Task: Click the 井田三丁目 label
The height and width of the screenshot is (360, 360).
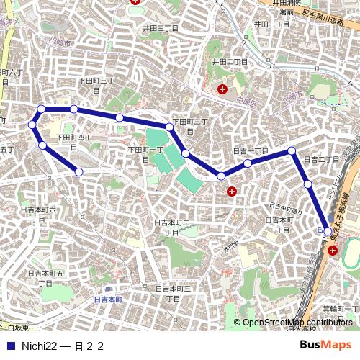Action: pyautogui.click(x=160, y=28)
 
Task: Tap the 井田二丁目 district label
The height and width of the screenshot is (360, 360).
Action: pyautogui.click(x=230, y=62)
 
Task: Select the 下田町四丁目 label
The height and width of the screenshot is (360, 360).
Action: pyautogui.click(x=73, y=140)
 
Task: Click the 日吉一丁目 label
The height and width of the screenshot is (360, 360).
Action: pyautogui.click(x=251, y=150)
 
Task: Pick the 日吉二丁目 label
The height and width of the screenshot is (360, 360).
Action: pyautogui.click(x=321, y=159)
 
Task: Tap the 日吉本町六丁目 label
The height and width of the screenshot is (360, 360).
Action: pyautogui.click(x=38, y=214)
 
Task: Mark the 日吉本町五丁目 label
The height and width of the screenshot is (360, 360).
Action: pyautogui.click(x=45, y=277)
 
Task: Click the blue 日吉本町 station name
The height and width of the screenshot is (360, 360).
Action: pyautogui.click(x=109, y=298)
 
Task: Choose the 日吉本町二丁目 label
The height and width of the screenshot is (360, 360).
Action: pyautogui.click(x=172, y=228)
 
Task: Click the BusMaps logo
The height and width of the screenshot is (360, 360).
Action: pyautogui.click(x=325, y=346)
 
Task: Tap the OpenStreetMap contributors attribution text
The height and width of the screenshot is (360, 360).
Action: pyautogui.click(x=297, y=323)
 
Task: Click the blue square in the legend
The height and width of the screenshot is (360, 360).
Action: pyautogui.click(x=10, y=346)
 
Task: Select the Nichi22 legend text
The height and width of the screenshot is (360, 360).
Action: pyautogui.click(x=39, y=346)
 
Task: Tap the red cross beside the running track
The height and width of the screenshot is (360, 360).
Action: pyautogui.click(x=332, y=251)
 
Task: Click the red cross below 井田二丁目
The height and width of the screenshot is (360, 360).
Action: pyautogui.click(x=222, y=90)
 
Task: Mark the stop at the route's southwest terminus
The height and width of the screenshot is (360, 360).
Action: pyautogui.click(x=79, y=172)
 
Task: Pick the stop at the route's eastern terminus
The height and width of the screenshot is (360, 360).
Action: pyautogui.click(x=328, y=232)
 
